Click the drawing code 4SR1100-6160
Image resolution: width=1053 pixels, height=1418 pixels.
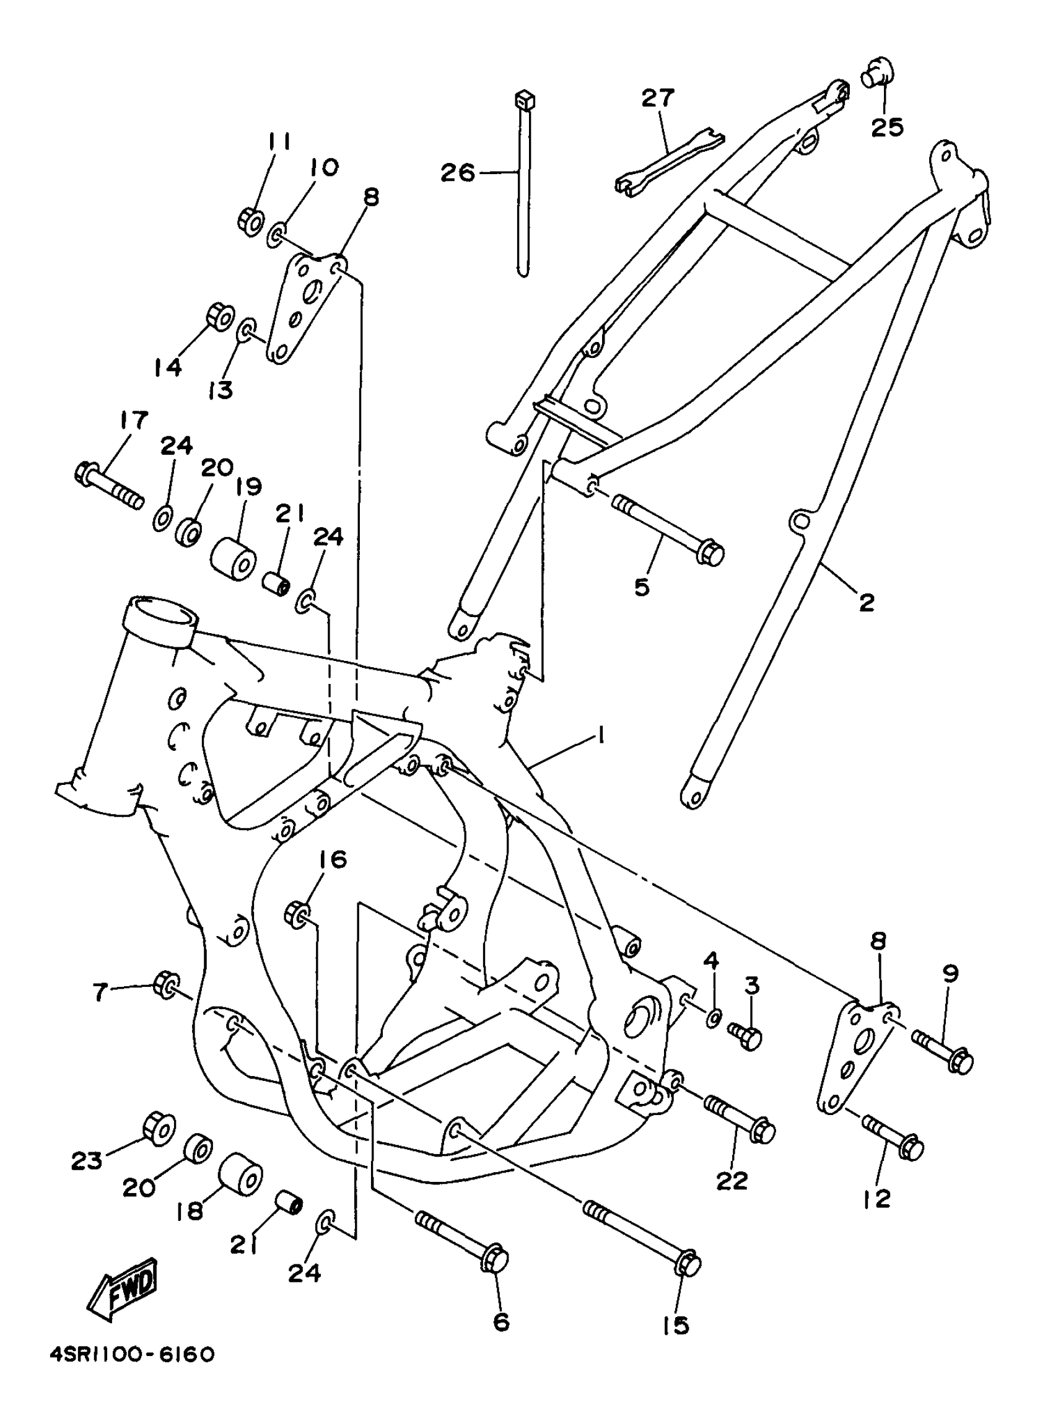132,1372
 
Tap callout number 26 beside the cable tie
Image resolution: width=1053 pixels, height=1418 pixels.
458,172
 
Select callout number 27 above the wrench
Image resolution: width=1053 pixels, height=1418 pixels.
657,98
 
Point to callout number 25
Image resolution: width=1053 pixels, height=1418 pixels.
887,128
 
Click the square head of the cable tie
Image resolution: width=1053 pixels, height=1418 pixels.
524,101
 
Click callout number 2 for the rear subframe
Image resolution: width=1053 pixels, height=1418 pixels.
866,602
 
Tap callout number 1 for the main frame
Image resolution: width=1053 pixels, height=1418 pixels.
600,736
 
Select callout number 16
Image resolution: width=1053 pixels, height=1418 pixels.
333,860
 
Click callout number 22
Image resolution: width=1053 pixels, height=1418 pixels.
731,1181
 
